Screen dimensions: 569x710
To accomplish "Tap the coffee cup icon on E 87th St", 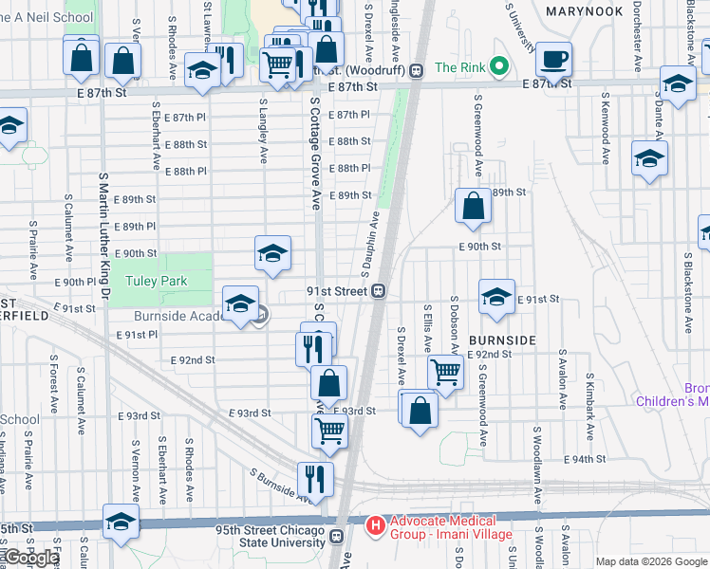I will point(553,59).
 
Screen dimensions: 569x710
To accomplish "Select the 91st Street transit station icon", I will point(378,291).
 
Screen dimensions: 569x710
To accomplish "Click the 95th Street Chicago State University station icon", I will point(335,538).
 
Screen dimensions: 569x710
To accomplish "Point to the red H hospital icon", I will point(376,523).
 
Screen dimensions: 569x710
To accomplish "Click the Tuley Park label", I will point(159,281).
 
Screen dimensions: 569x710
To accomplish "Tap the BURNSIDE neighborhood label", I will point(501,340).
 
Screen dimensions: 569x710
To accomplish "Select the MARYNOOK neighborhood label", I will point(585,11).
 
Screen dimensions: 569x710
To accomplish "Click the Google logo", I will point(30,559).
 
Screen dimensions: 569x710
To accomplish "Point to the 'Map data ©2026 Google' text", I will point(651,561).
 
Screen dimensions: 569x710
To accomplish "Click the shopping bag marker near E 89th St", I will point(473,207).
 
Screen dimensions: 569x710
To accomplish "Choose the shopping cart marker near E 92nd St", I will point(445,372).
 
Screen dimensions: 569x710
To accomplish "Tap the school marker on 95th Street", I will point(121,522).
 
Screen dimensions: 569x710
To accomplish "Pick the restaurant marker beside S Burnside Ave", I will point(315,479).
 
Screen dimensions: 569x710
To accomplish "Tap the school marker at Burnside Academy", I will point(241,303).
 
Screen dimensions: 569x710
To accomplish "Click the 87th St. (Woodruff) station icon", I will point(415,69).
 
